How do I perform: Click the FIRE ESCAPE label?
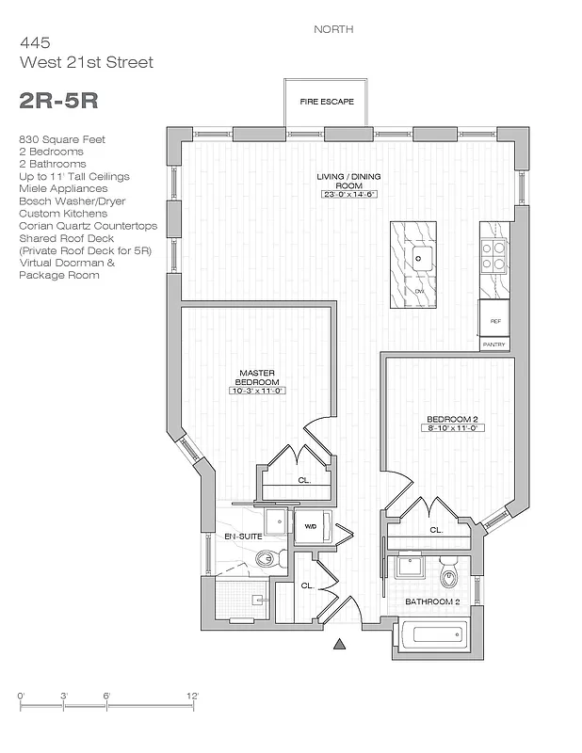pos(327,102)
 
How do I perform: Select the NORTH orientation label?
pos(333,29)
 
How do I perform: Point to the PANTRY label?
pos(494,344)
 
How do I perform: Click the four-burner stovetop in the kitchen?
pos(494,252)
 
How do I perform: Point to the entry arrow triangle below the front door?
pos(340,645)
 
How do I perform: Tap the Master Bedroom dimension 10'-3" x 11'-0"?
pos(256,391)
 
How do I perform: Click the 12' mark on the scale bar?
pos(192,696)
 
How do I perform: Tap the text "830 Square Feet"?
pos(61,139)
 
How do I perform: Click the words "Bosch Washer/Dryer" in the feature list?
pos(72,201)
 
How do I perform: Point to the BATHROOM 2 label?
pos(431,601)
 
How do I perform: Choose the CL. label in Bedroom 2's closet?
pos(436,530)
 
